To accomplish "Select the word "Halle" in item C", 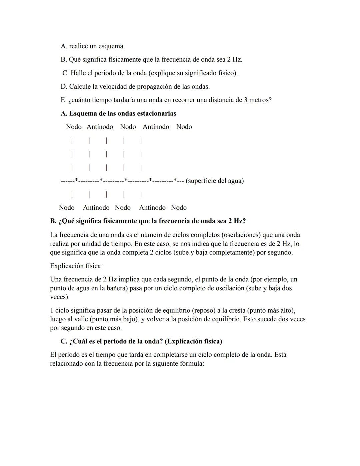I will coord(78,73).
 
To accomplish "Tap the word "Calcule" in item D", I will coord(80,87).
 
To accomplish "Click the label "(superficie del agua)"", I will coord(215,181).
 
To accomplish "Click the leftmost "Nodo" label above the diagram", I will coord(74,127).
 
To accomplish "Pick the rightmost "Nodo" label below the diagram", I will coord(179,208).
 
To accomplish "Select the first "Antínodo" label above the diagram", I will coord(100,127).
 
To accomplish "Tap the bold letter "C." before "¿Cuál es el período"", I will coord(64,341).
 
